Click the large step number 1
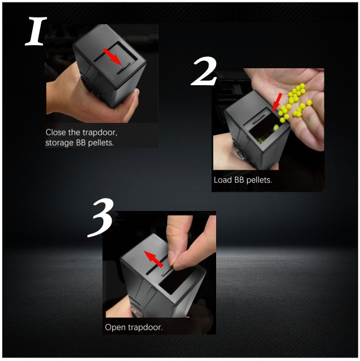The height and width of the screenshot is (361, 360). point(36,31)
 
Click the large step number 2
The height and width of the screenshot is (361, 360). point(204,72)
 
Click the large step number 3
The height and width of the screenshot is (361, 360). point(100,218)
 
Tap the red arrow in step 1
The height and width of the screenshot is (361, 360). point(112,57)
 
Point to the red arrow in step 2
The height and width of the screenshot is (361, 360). point(277,102)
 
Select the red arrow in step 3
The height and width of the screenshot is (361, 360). point(153,259)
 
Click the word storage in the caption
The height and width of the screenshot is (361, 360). point(59,143)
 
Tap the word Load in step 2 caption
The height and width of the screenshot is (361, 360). point(223,180)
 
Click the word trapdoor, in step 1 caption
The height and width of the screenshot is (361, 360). point(100,133)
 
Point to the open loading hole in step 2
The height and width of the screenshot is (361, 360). point(264,128)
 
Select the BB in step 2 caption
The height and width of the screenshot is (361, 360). point(239,180)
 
